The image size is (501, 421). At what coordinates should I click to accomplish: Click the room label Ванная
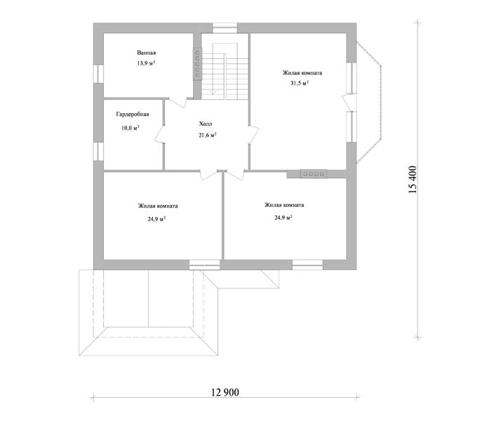(x=147, y=53)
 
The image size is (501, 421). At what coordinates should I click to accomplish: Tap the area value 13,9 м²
(x=147, y=63)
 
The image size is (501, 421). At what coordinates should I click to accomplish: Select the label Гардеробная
(x=133, y=114)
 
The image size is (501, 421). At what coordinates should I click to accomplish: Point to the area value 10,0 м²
(x=131, y=128)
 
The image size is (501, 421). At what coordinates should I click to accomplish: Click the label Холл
(x=206, y=123)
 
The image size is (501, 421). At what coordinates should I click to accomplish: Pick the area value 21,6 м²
(x=208, y=135)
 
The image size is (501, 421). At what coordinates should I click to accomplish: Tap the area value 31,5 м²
(x=300, y=83)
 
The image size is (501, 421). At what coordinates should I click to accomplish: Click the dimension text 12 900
(x=225, y=392)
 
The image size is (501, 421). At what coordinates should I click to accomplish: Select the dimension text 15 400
(x=413, y=180)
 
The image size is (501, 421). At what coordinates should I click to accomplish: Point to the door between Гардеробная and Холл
(x=160, y=134)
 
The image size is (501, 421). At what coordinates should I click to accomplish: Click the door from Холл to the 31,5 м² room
(x=253, y=134)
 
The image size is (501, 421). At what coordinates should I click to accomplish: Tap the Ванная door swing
(x=178, y=102)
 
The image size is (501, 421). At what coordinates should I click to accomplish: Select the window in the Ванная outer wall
(x=98, y=74)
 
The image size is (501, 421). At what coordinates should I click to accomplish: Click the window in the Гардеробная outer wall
(x=98, y=151)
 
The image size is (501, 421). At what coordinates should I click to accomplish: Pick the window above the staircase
(x=225, y=28)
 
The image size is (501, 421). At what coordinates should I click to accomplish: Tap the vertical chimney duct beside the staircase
(x=197, y=64)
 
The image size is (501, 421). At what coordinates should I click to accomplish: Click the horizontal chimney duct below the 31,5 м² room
(x=313, y=174)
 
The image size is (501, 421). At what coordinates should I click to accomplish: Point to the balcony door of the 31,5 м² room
(x=349, y=102)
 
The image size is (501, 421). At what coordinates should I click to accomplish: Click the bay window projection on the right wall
(x=369, y=102)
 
